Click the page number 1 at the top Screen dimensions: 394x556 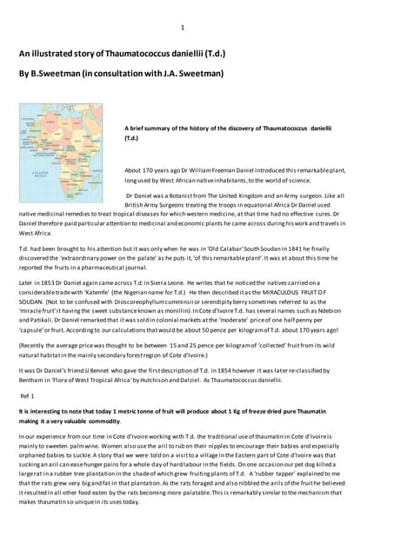pyautogui.click(x=182, y=28)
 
